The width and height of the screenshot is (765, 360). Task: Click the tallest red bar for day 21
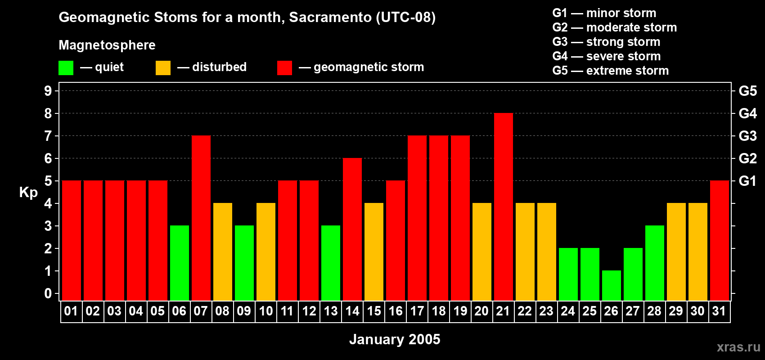pyautogui.click(x=503, y=207)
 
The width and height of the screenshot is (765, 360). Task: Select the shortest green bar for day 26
pyautogui.click(x=611, y=285)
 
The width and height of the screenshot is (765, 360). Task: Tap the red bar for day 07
pyautogui.click(x=201, y=218)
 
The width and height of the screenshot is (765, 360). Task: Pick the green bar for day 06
pyautogui.click(x=180, y=263)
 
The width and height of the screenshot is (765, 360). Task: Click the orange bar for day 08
pyautogui.click(x=223, y=252)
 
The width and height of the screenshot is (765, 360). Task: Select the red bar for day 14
pyautogui.click(x=352, y=229)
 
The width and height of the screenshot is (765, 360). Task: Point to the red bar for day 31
pyautogui.click(x=719, y=241)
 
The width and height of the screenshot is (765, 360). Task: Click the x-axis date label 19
pyautogui.click(x=460, y=311)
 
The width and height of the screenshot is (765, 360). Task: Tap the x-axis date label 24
pyautogui.click(x=568, y=311)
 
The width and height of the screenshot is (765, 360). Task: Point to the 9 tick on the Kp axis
pyautogui.click(x=48, y=91)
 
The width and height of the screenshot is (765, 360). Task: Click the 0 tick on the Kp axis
pyautogui.click(x=48, y=294)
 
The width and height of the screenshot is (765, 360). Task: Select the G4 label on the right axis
pyautogui.click(x=747, y=113)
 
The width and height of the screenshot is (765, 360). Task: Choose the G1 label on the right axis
pyautogui.click(x=747, y=181)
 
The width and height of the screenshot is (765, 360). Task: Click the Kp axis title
pyautogui.click(x=28, y=193)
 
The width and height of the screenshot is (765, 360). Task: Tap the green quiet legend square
pyautogui.click(x=66, y=68)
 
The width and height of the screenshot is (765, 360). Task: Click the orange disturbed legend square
pyautogui.click(x=163, y=68)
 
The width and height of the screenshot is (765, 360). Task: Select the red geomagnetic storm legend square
pyautogui.click(x=284, y=68)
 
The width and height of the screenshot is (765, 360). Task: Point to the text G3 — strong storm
pyautogui.click(x=606, y=42)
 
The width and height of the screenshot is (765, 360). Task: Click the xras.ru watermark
pyautogui.click(x=738, y=347)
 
